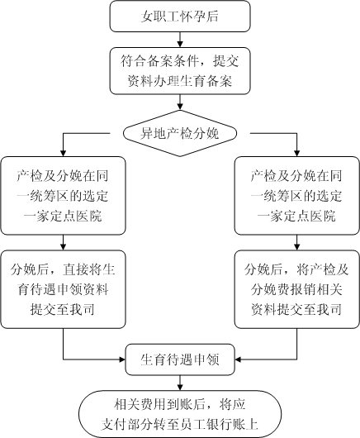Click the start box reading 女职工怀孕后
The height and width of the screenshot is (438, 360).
click(180, 17)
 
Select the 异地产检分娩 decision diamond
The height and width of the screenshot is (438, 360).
click(180, 134)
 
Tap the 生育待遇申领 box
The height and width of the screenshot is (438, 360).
click(180, 359)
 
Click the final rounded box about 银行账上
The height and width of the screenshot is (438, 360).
click(180, 414)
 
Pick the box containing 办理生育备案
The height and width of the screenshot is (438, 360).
click(180, 71)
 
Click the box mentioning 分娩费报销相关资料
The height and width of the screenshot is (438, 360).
click(297, 289)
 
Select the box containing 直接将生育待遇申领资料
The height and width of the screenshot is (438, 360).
click(63, 289)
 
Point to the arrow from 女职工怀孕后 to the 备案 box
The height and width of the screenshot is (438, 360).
click(180, 40)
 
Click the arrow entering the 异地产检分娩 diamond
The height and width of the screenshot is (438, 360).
click(180, 102)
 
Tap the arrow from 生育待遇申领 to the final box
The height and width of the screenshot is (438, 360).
click(180, 383)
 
